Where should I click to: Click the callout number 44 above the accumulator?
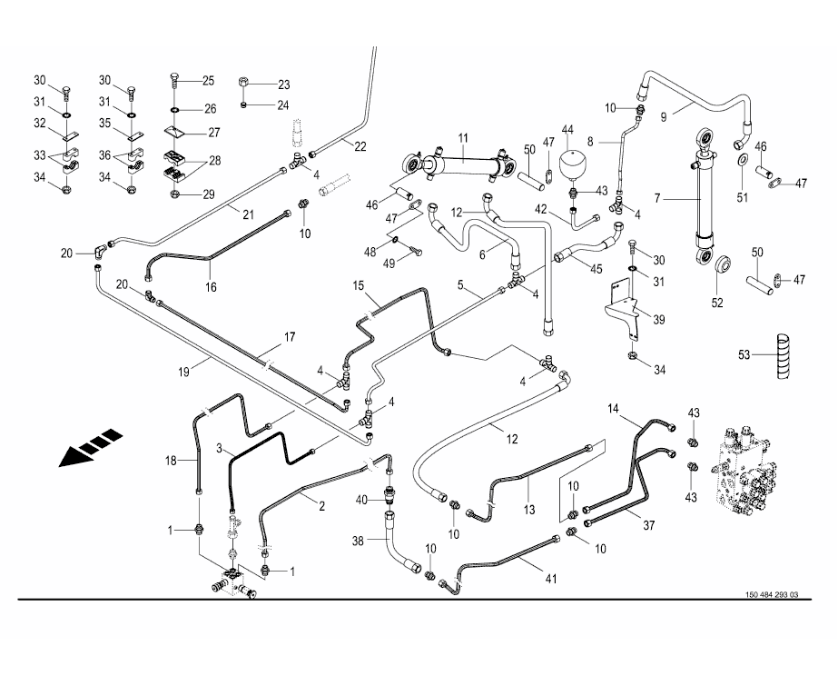pos(569,129)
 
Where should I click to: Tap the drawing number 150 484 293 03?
pos(770,595)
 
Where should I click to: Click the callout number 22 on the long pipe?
pos(360,146)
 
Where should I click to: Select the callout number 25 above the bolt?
pos(208,80)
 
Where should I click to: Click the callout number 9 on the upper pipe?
pos(664,116)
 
